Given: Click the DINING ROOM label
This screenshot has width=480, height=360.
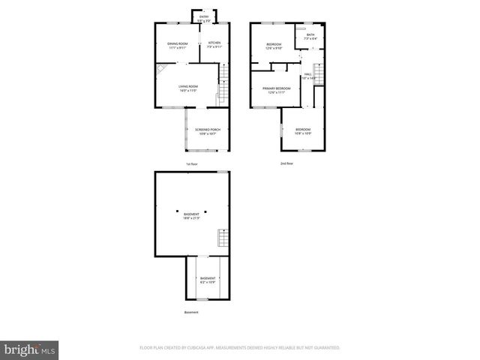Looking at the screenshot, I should tap(177, 45).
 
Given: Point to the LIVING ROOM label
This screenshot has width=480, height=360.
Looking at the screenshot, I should tap(187, 88).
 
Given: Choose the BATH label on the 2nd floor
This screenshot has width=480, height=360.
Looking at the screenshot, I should tap(310, 36).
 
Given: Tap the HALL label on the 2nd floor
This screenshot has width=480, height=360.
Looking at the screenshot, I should tap(307, 75).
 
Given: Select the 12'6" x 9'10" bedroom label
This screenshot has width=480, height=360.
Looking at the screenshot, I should tap(274, 46).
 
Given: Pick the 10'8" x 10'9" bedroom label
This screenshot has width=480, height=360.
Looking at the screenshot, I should tap(302, 132).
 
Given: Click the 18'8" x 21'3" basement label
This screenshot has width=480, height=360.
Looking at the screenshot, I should tap(191, 216).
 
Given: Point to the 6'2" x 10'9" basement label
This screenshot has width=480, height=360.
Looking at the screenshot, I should tap(207, 280).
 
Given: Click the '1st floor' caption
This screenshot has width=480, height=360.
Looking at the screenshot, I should tap(193, 164).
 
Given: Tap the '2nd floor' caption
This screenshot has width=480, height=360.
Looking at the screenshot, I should tap(287, 163).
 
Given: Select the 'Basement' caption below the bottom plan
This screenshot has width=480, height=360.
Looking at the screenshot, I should tap(192, 313).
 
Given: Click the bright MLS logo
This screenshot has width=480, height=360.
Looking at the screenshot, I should tap(30, 349).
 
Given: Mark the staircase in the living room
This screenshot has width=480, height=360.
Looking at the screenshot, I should tap(222, 94).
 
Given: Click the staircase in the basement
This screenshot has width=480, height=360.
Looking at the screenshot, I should tap(221, 238).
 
